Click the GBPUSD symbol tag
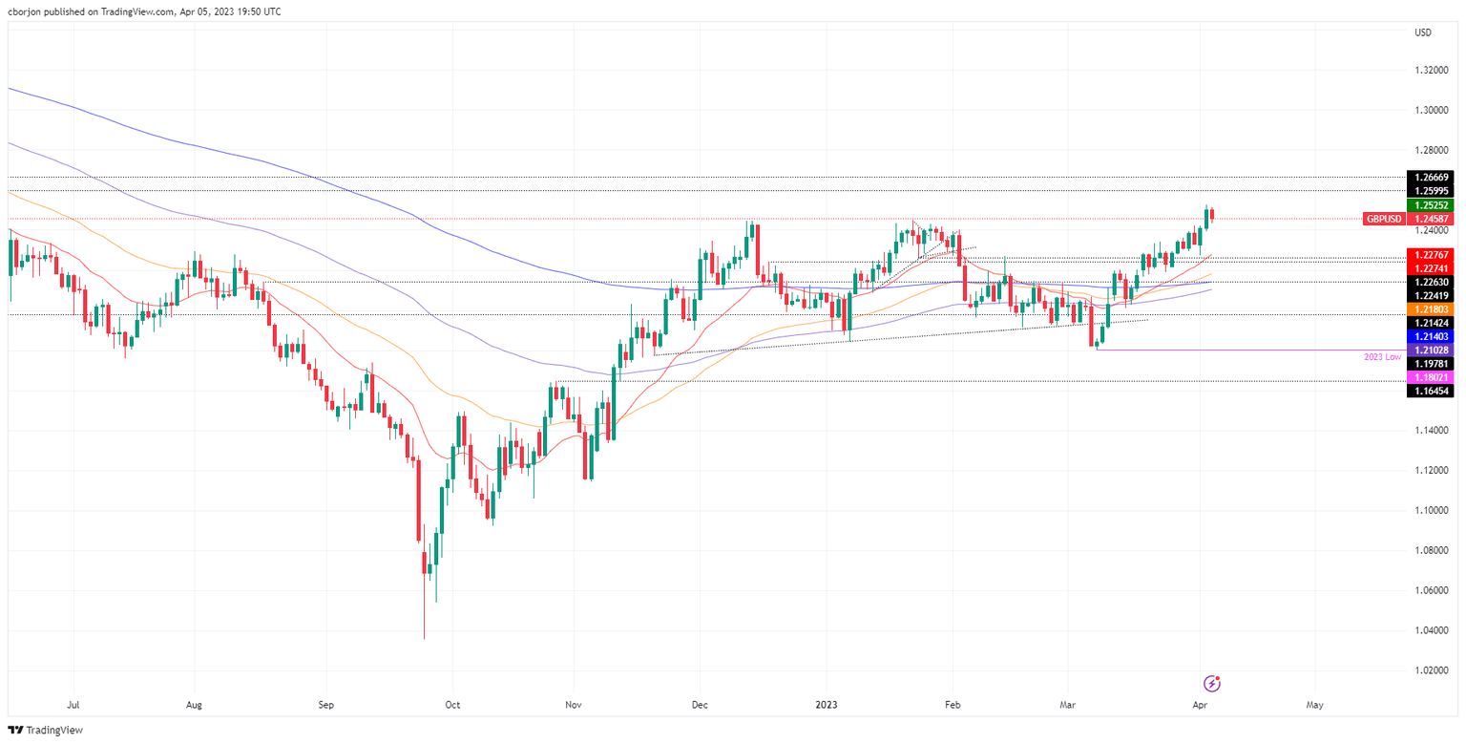1383,219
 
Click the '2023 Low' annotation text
1383,356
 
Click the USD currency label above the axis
1423,33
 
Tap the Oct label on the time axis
452,706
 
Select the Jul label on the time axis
73,706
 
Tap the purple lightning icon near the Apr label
1212,683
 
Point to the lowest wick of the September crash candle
424,638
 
